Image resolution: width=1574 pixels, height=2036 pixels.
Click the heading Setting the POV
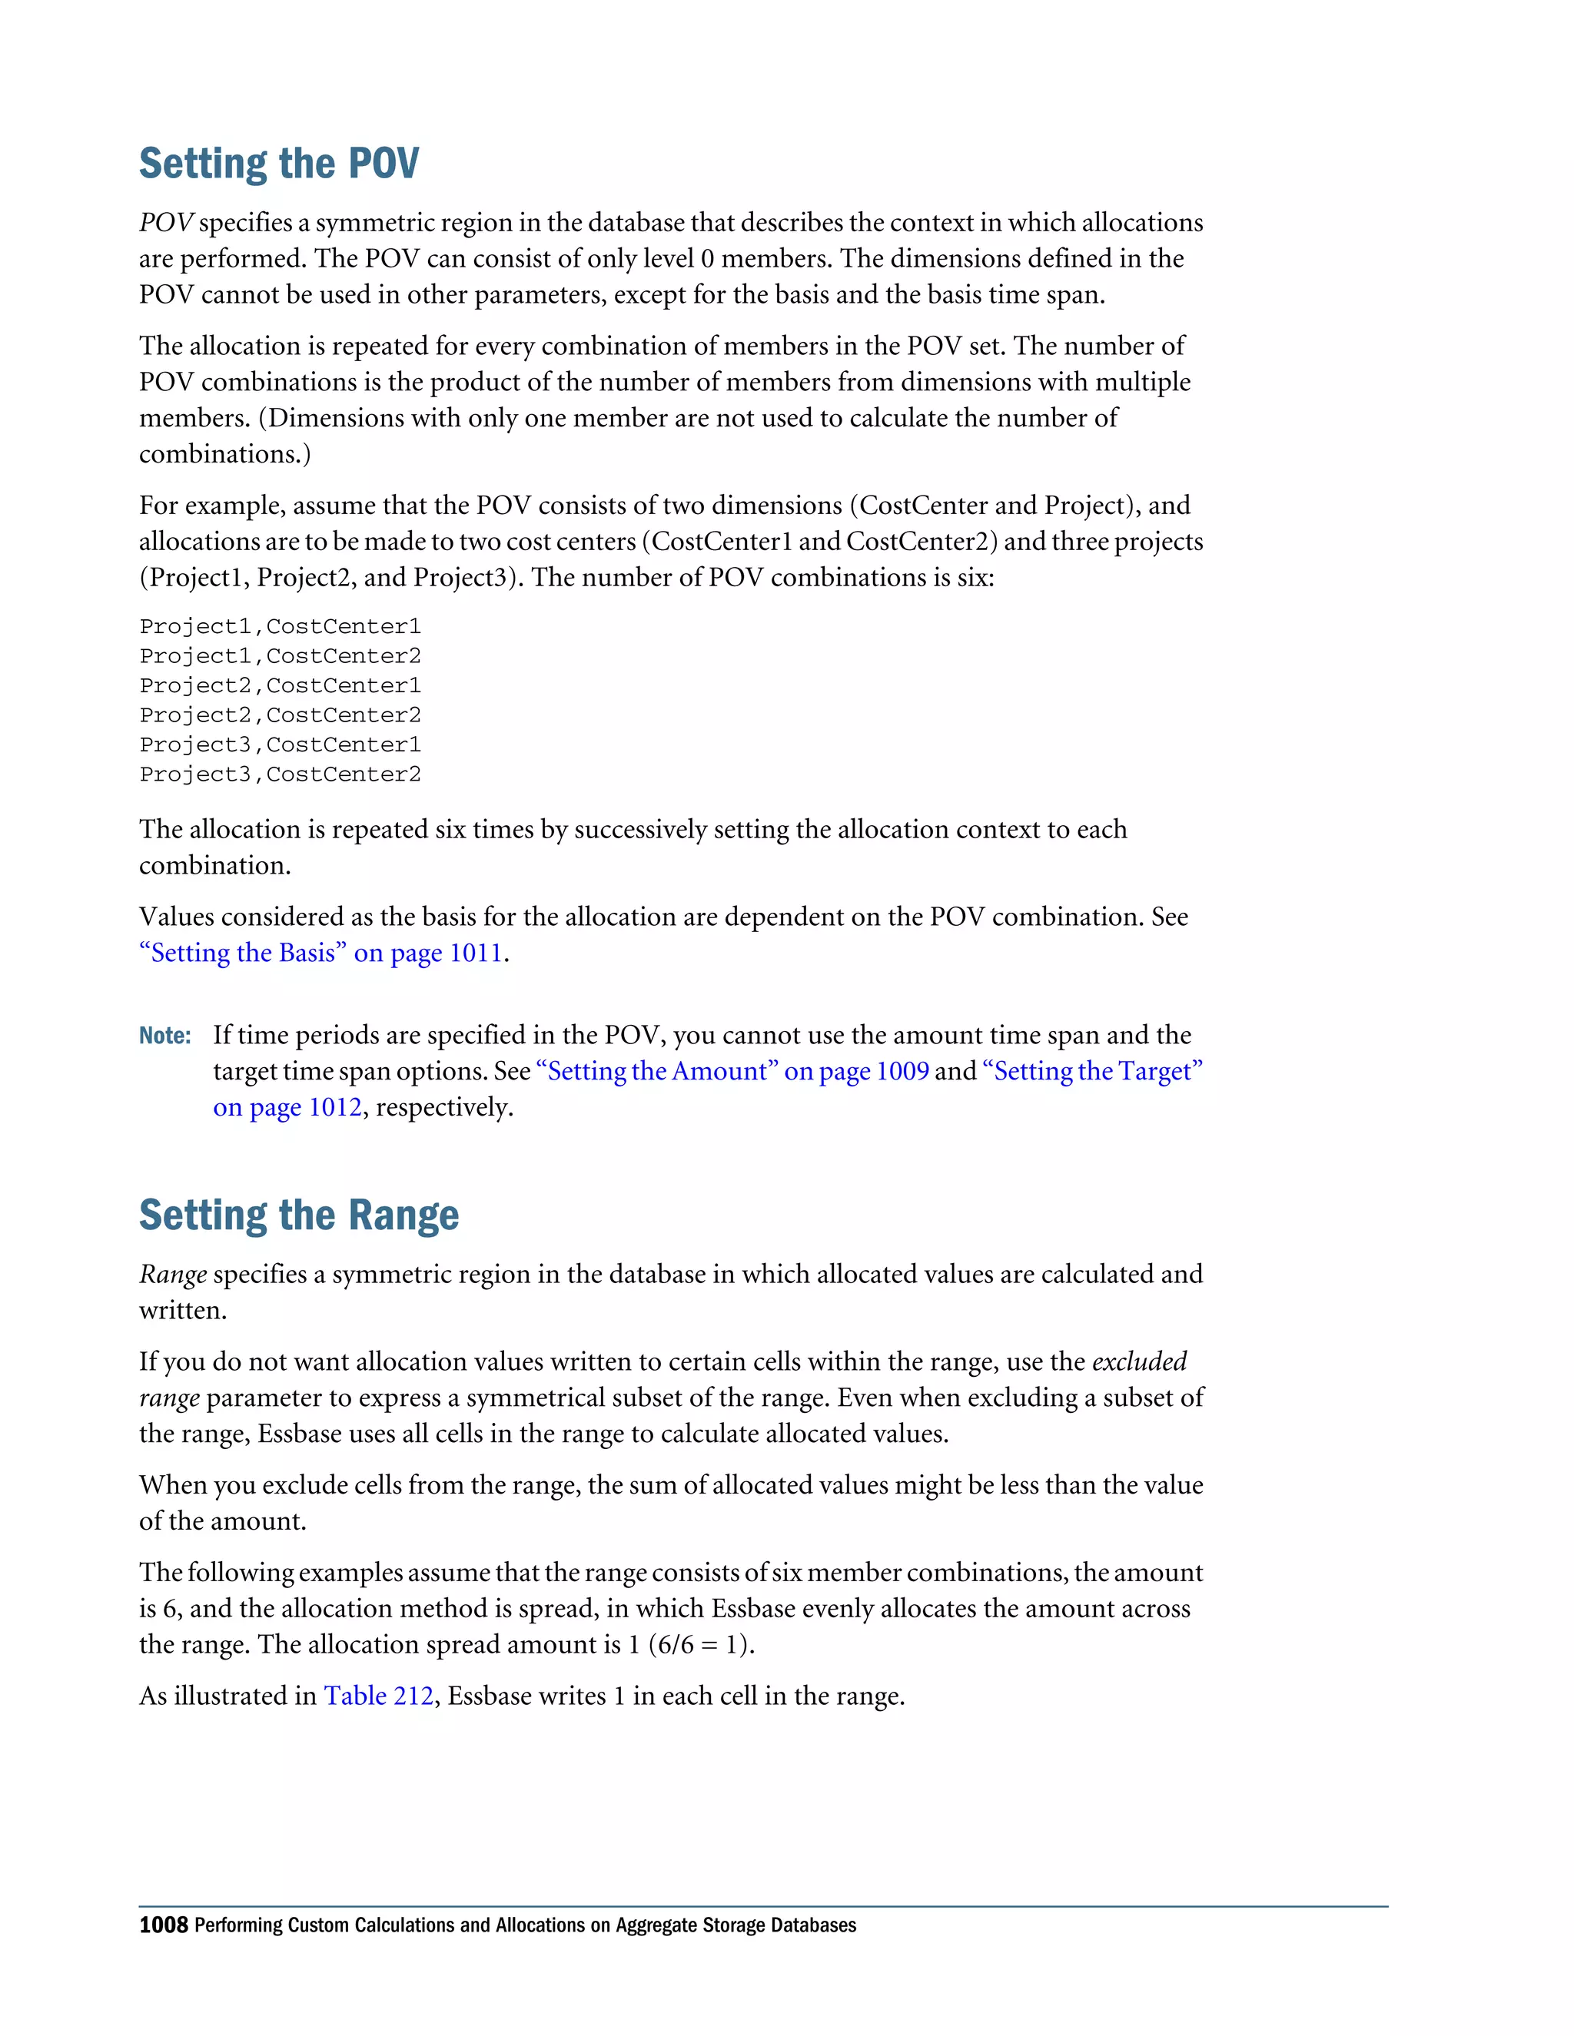tap(279, 164)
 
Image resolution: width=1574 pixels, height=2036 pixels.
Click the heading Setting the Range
tap(298, 1215)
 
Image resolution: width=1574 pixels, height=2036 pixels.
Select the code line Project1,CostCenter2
tap(280, 656)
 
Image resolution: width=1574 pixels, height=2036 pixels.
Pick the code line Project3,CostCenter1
tap(280, 744)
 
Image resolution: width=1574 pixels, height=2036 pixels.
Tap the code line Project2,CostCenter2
tap(280, 715)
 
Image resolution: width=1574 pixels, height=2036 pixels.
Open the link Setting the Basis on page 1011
tap(320, 953)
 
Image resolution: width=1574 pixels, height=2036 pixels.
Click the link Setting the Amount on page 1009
tap(732, 1071)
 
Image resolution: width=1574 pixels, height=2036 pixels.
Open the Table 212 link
tap(379, 1696)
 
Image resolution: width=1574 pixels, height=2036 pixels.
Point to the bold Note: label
tap(165, 1036)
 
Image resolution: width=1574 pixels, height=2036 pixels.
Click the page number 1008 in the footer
tap(163, 1925)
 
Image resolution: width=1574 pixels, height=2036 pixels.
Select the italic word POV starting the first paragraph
tap(166, 223)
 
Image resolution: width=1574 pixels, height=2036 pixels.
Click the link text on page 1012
tap(287, 1107)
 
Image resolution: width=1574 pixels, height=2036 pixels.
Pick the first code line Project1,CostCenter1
tap(280, 626)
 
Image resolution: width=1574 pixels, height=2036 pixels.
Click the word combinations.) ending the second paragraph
tap(224, 454)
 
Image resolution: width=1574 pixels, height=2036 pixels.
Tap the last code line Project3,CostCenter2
tap(280, 774)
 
